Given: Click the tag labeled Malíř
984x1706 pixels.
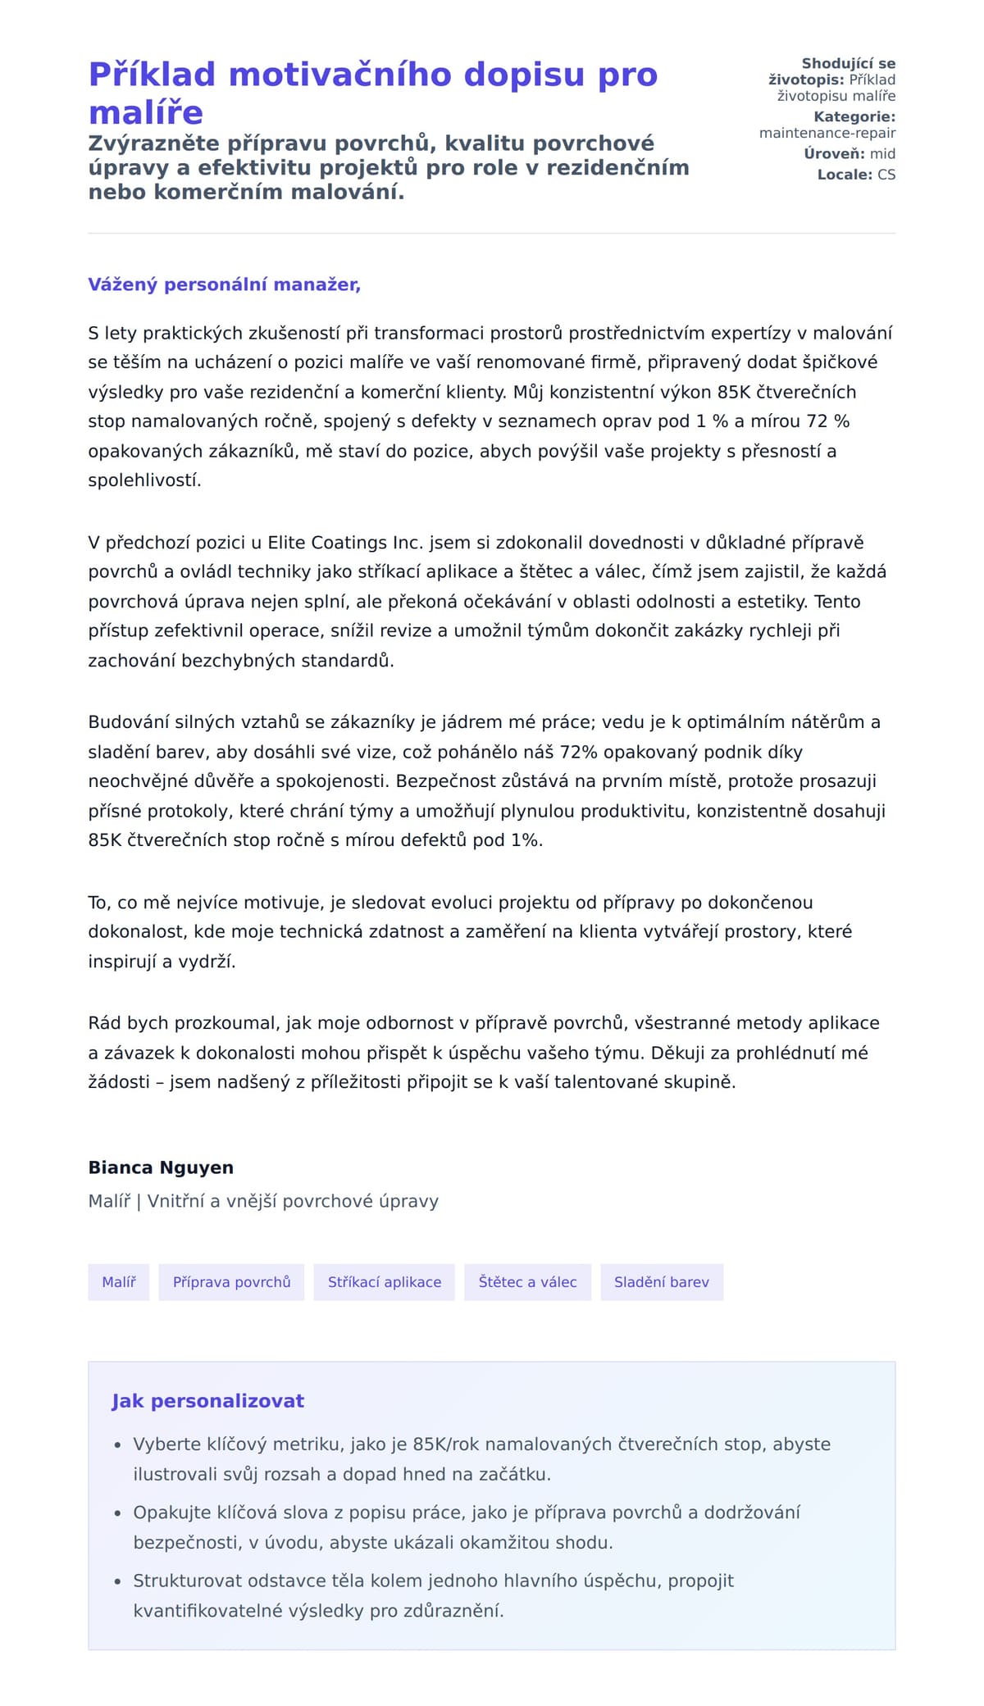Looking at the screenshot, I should coord(119,1282).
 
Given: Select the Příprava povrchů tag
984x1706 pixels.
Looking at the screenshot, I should coord(231,1282).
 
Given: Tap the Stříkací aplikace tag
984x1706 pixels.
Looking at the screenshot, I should coord(385,1282).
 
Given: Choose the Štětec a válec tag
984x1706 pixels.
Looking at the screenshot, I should coord(527,1282).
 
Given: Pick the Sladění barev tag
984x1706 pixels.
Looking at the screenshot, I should coord(661,1282).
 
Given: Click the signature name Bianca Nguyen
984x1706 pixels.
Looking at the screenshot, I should coord(161,1167).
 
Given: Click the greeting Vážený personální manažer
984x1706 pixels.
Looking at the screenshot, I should coord(224,284).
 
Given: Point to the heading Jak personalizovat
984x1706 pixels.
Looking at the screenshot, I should coord(207,1401).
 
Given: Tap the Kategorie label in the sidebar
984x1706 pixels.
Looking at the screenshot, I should coord(854,117).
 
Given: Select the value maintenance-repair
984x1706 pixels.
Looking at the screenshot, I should coord(827,133).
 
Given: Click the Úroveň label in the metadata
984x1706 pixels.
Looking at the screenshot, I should coord(833,154).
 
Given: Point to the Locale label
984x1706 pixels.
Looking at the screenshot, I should coord(844,175).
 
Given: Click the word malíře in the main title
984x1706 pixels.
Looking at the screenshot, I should coord(146,113).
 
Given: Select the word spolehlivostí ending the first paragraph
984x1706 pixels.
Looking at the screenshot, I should coord(144,480).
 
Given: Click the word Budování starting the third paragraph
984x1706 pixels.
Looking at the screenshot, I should coord(126,722).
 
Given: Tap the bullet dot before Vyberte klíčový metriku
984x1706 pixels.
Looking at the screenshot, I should coord(118,1445).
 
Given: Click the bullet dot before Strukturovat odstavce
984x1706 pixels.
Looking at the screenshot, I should coord(118,1582).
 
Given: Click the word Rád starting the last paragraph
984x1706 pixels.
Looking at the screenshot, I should coord(103,1023).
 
